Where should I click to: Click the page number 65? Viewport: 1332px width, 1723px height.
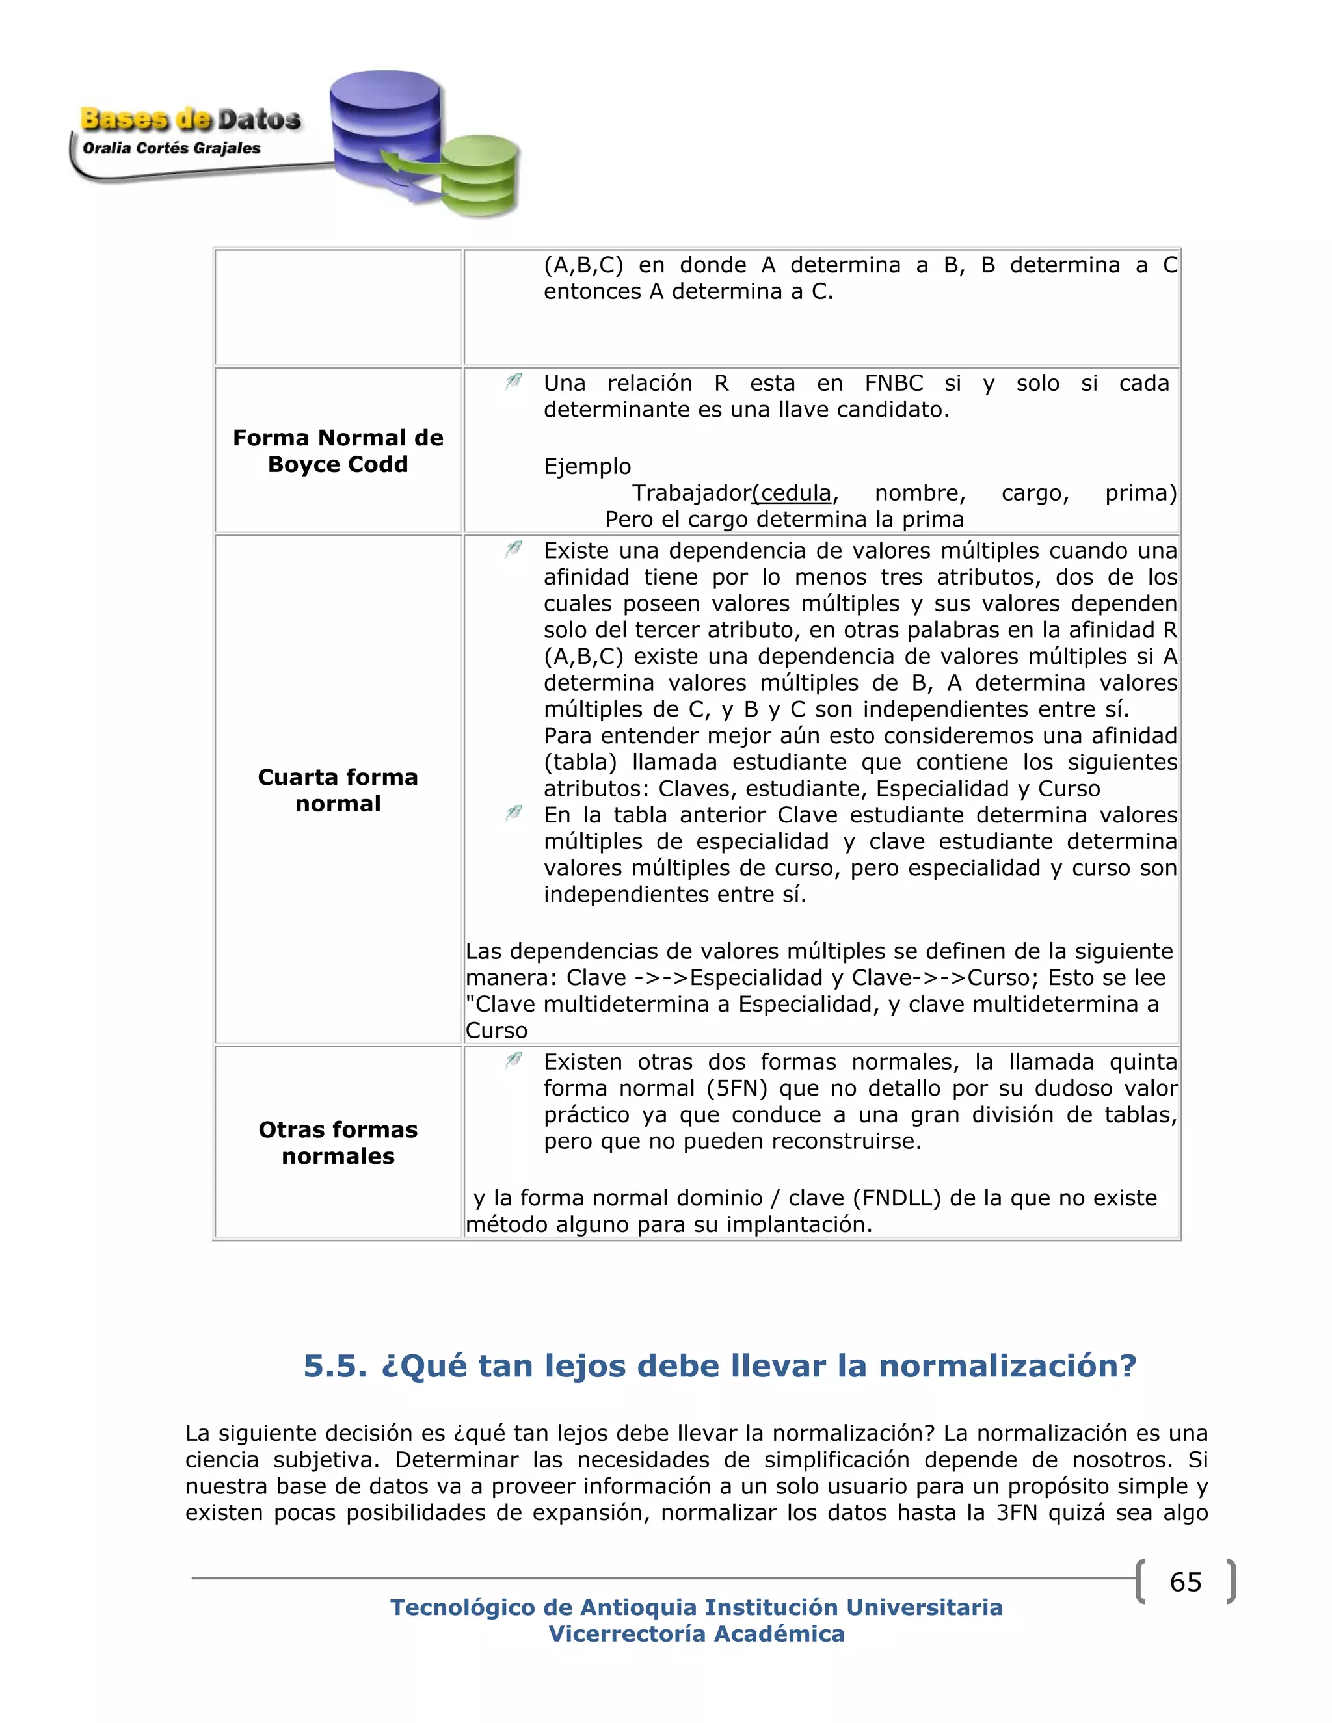click(1185, 1582)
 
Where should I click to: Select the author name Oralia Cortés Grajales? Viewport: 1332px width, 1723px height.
click(171, 148)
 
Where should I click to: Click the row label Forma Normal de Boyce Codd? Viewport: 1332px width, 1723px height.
click(338, 451)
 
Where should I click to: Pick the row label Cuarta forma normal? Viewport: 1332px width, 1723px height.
click(338, 790)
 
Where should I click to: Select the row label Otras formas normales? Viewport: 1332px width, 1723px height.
click(338, 1142)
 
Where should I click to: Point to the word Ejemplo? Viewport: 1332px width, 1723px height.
click(587, 466)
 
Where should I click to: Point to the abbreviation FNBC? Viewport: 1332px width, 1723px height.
click(893, 384)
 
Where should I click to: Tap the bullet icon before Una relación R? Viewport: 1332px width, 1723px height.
click(514, 382)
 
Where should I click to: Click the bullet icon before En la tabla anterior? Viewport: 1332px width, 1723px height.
click(514, 813)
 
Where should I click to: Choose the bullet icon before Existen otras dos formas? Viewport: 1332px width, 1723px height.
click(514, 1061)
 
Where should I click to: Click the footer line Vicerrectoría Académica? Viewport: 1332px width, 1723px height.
click(697, 1634)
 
